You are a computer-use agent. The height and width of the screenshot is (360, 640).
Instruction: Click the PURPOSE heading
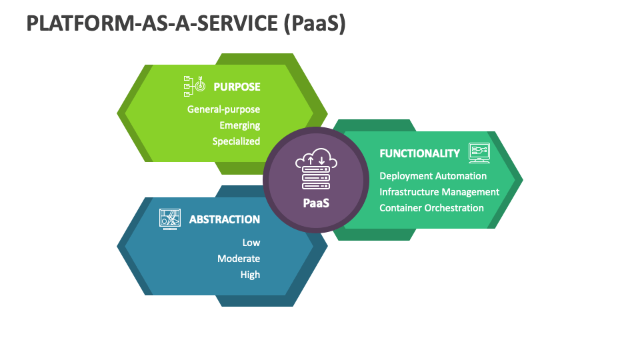pyautogui.click(x=237, y=87)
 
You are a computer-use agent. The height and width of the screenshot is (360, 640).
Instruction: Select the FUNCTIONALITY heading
pyautogui.click(x=419, y=153)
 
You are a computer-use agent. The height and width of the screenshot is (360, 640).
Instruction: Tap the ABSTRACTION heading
pyautogui.click(x=225, y=219)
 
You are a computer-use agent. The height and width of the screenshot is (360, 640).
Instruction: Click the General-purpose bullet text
pyautogui.click(x=223, y=109)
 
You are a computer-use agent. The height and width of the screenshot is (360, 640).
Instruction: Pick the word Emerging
pyautogui.click(x=239, y=125)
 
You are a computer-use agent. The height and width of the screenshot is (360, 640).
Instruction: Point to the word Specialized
pyautogui.click(x=236, y=141)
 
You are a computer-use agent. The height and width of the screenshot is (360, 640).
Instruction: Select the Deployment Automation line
pyautogui.click(x=433, y=176)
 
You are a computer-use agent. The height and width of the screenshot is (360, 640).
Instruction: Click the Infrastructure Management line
pyautogui.click(x=439, y=192)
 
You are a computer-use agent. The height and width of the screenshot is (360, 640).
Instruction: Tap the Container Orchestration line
pyautogui.click(x=431, y=208)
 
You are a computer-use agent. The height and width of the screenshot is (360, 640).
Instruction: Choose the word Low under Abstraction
pyautogui.click(x=251, y=243)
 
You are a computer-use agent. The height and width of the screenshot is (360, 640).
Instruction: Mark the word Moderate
pyautogui.click(x=239, y=259)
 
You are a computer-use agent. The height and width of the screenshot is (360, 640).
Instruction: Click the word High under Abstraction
pyautogui.click(x=250, y=275)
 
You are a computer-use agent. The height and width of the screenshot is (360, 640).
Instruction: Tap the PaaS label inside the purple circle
pyautogui.click(x=316, y=203)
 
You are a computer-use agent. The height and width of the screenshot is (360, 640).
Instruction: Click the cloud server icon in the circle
pyautogui.click(x=315, y=171)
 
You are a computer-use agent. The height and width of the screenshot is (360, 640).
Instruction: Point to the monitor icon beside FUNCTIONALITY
pyautogui.click(x=479, y=153)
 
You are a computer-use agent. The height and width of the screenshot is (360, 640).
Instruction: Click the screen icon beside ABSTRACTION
pyautogui.click(x=170, y=219)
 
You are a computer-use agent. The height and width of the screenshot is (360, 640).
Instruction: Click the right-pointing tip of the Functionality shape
pyautogui.click(x=521, y=179)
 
